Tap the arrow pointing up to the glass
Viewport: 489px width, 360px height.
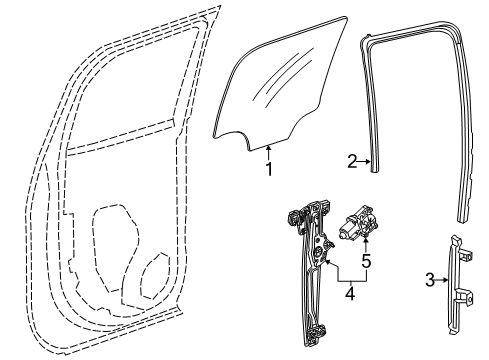267,150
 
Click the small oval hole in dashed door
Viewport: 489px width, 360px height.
155,274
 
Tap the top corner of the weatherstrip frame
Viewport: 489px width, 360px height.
371,43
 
